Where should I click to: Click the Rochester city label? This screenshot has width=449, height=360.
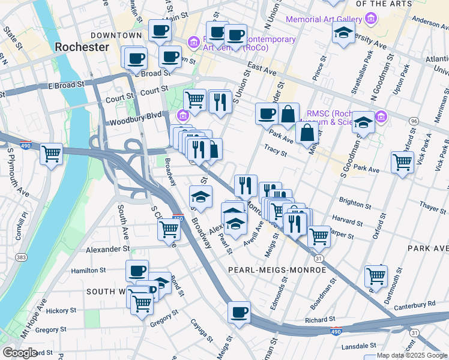tap(82, 47)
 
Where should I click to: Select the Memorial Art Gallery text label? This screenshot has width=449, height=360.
tap(324, 19)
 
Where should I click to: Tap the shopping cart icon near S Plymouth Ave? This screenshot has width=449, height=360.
tap(51, 154)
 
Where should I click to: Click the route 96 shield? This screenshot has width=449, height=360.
tap(414, 121)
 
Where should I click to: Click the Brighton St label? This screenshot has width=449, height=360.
tap(355, 202)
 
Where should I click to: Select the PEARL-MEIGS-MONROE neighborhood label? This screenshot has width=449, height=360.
tap(277, 270)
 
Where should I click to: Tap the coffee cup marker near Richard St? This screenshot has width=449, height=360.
tap(239, 312)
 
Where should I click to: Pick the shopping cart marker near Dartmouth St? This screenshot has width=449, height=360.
tap(376, 276)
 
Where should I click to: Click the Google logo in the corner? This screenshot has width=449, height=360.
tap(20, 353)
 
